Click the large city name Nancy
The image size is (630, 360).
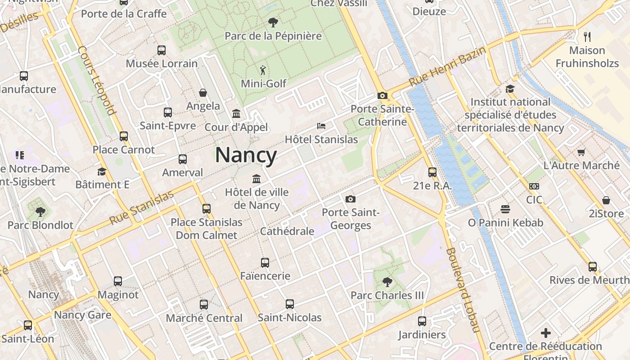pos(246,155)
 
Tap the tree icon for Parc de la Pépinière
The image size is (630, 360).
pos(273,22)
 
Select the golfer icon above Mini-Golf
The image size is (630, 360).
pos(263,70)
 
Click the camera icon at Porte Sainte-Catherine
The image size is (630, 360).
pos(382,95)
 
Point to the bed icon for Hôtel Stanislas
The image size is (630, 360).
pos(321,126)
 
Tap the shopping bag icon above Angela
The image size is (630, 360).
pos(203,93)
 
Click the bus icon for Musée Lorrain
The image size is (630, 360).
pos(162,50)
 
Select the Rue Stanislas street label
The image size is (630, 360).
pos(141,207)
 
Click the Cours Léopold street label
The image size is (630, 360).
pos(97,80)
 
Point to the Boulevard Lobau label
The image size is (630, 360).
pos(463,290)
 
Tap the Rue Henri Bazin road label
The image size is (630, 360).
pos(447,67)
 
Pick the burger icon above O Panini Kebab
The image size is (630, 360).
pos(505,209)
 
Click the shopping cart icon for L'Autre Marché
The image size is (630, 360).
pos(581,152)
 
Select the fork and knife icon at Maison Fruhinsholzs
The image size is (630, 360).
pos(587,36)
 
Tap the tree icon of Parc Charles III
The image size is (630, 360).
pos(387,282)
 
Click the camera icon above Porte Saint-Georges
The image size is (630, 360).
pos(351,199)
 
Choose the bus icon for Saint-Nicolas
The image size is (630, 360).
pos(290,304)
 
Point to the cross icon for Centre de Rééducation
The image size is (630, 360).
pos(546,333)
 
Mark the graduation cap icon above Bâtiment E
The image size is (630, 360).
pos(102,171)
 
